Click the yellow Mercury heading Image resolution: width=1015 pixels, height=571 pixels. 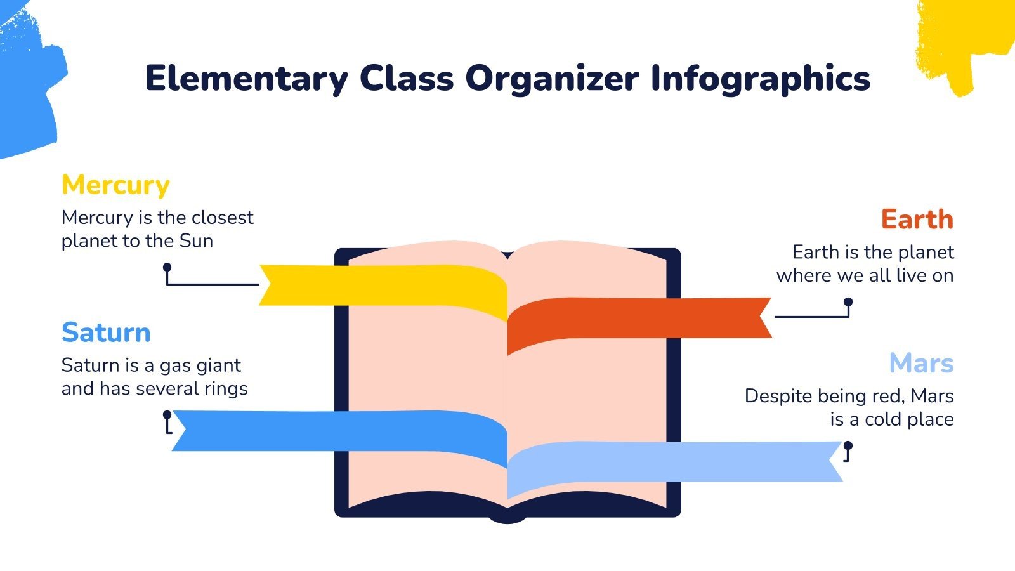coord(115,185)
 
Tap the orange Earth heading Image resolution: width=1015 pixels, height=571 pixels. coord(917,220)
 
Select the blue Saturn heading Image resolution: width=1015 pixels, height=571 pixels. coord(106,332)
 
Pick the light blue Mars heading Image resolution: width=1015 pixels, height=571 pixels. coord(921,364)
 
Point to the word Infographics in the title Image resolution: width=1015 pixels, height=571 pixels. coord(760,79)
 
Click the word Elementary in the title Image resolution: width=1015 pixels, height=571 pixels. coord(246,79)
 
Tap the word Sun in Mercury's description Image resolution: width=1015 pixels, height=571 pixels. coord(196,241)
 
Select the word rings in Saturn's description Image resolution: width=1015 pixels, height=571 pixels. coord(226,388)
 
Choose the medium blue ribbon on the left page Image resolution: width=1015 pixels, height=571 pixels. coord(336,431)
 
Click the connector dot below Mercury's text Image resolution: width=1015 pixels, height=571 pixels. coord(167,267)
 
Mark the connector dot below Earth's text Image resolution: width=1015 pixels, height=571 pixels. coord(848,303)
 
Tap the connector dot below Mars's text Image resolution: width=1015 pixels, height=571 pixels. coord(848,445)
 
